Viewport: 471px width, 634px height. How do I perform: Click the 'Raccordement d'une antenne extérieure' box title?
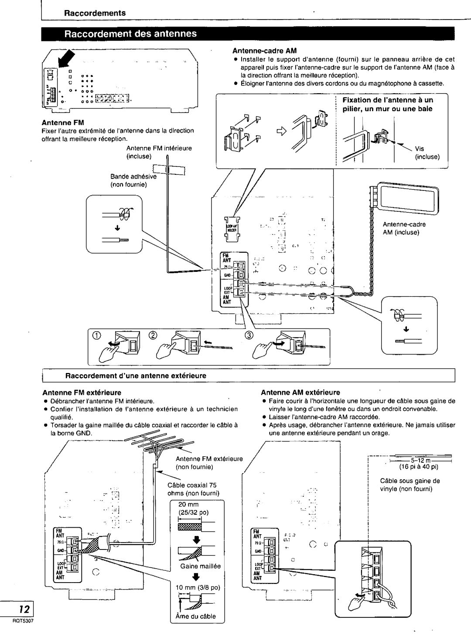pos(136,375)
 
